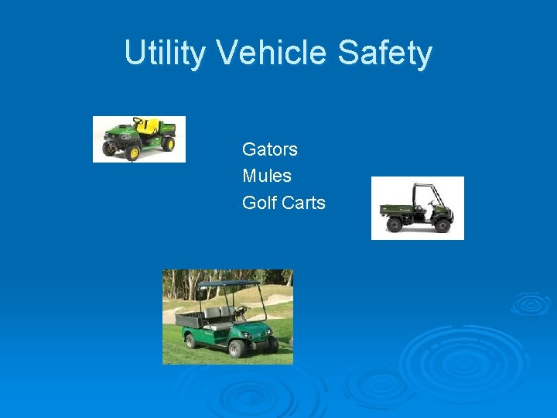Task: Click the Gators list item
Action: pos(269,149)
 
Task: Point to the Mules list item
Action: pos(266,176)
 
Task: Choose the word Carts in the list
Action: pos(304,203)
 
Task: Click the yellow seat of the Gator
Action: pos(148,126)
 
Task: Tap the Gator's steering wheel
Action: pos(138,122)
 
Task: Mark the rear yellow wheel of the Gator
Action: pos(167,144)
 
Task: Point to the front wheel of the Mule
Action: pos(442,224)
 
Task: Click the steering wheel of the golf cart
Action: pos(241,312)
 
